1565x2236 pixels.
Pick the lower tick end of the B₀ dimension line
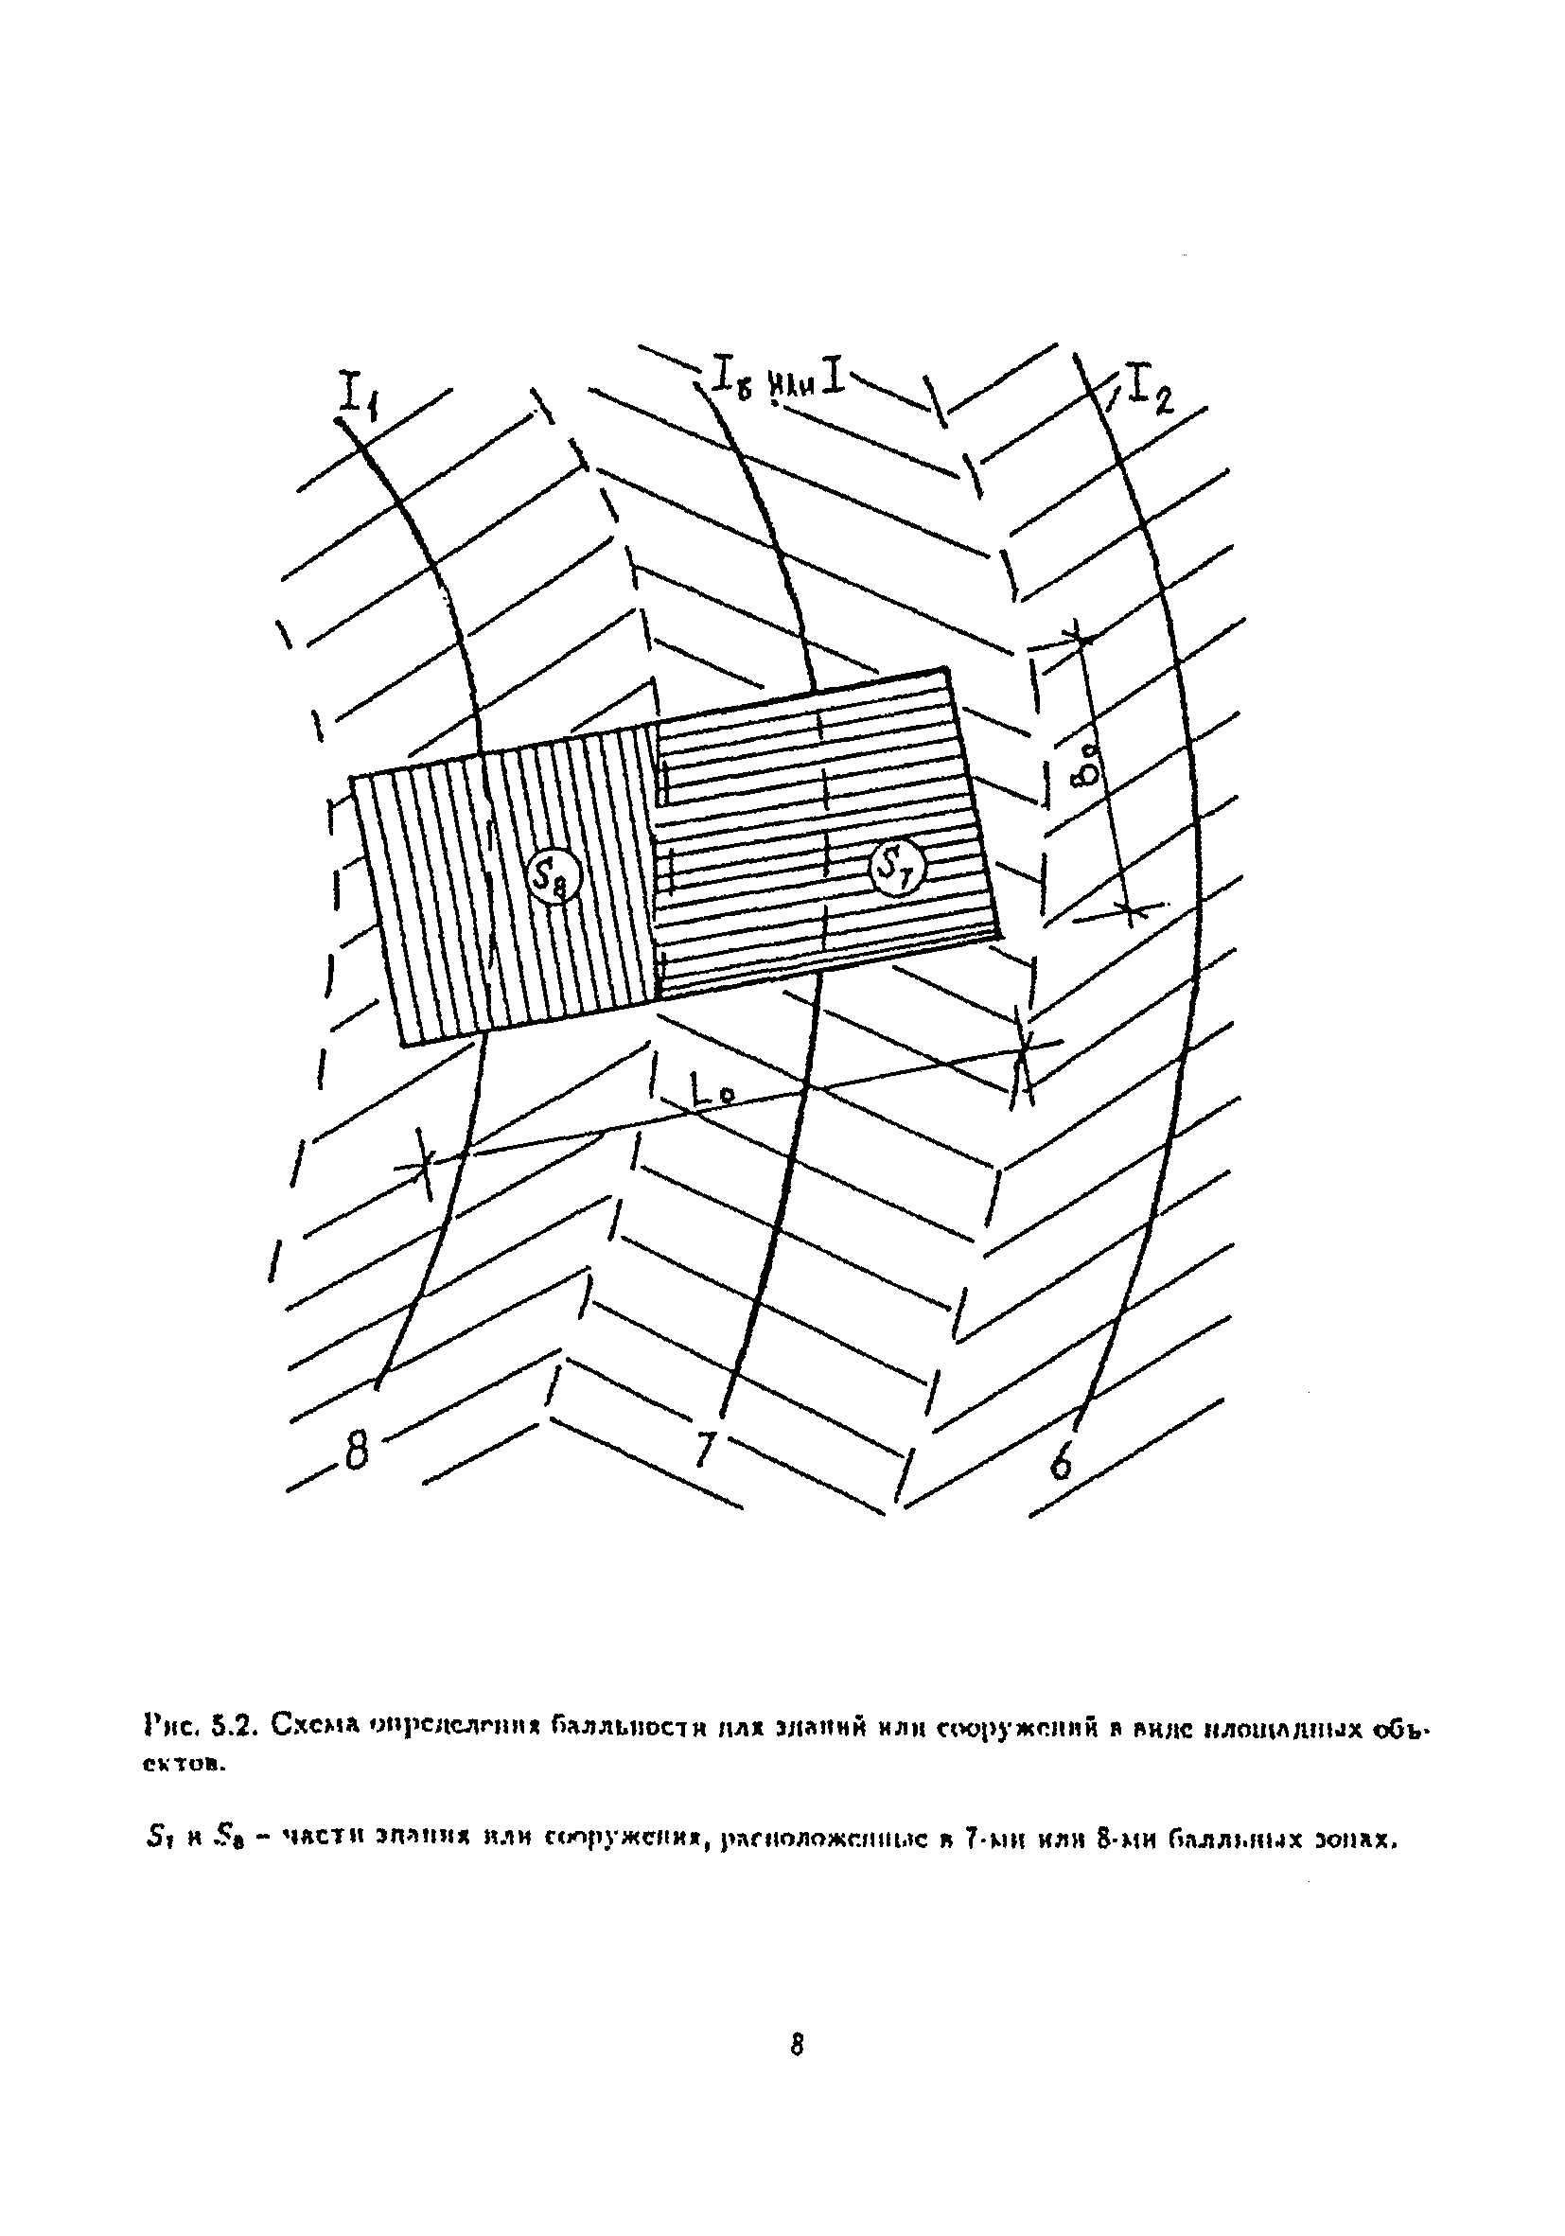1130,909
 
